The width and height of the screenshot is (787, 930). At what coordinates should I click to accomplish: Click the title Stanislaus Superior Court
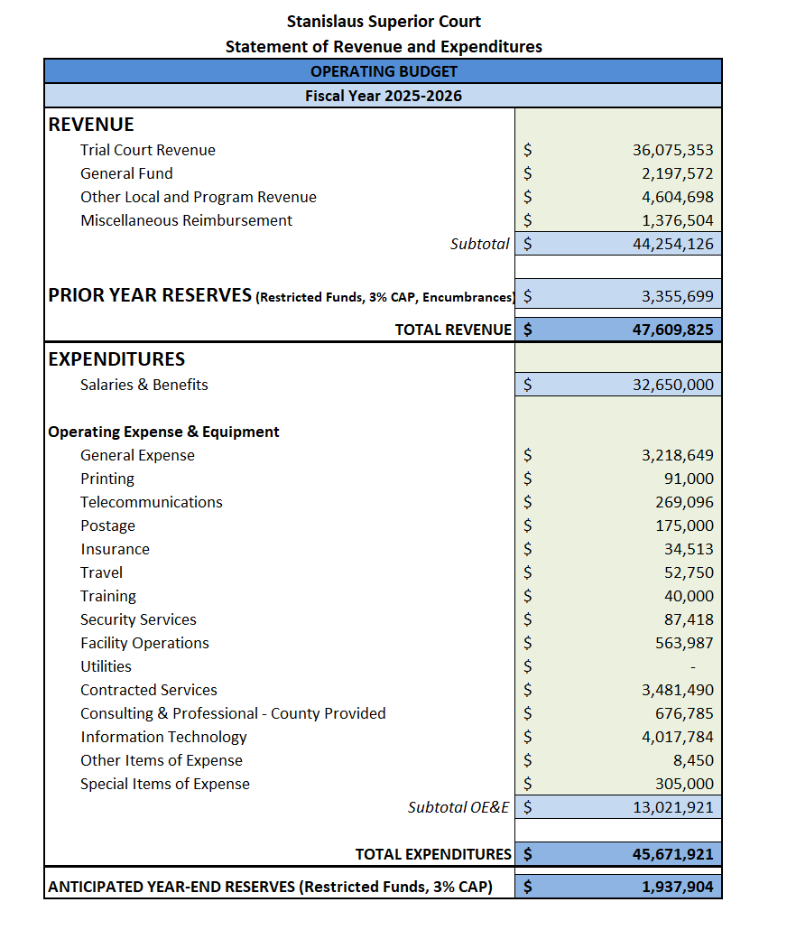click(x=384, y=21)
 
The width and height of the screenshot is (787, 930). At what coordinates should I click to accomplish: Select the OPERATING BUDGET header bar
click(x=384, y=71)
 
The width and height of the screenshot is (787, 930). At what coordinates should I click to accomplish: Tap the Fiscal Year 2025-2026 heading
click(x=384, y=95)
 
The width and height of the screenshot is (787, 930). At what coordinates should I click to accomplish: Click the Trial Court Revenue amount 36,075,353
click(x=672, y=151)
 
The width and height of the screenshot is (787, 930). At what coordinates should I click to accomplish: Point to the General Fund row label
click(x=126, y=173)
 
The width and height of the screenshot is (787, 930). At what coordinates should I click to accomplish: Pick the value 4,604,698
click(x=672, y=197)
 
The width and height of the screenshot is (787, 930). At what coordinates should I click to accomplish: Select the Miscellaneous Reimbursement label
click(x=186, y=220)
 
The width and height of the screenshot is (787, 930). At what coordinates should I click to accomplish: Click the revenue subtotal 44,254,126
click(x=672, y=244)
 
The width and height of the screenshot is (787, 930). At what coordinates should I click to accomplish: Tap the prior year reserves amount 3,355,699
click(x=677, y=295)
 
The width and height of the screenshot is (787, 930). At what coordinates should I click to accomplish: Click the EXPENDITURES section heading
click(x=116, y=359)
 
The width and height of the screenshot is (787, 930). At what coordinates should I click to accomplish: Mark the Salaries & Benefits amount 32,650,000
click(x=672, y=386)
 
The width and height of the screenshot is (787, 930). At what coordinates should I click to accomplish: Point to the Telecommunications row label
click(x=151, y=502)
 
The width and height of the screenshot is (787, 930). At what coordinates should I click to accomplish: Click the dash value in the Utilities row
click(x=693, y=667)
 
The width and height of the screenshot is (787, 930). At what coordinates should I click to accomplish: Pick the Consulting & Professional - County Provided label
click(x=233, y=713)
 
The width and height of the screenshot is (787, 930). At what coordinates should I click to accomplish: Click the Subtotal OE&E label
click(x=458, y=807)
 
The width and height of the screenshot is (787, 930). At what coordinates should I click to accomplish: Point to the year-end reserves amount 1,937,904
click(x=677, y=887)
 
